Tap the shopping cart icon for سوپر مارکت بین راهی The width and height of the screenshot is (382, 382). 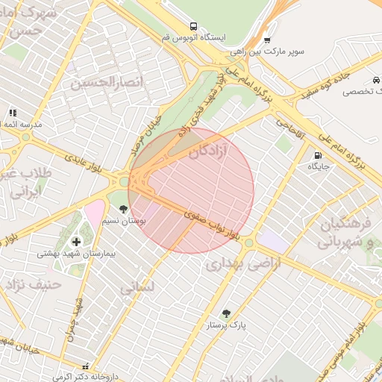267,40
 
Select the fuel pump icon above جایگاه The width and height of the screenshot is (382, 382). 318,155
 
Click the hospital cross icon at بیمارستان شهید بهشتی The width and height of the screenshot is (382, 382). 76,242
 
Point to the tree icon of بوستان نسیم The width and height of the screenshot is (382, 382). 124,209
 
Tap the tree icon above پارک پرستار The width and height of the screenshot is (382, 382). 227,313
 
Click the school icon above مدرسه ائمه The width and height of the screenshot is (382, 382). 13,113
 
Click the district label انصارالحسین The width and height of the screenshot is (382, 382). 106,81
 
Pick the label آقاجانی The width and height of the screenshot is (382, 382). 289,127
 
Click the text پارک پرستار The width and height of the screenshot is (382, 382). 228,325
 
